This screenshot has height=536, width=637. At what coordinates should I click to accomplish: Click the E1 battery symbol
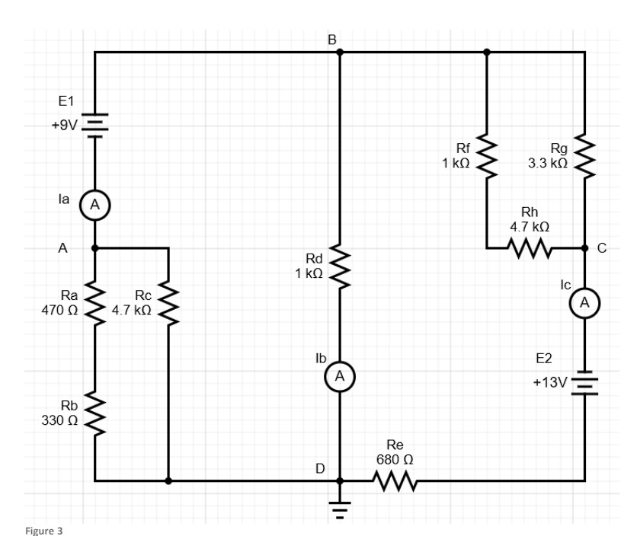tap(94, 124)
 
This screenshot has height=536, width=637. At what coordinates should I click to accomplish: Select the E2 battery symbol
tap(585, 383)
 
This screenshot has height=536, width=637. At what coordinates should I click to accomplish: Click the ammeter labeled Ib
tap(340, 375)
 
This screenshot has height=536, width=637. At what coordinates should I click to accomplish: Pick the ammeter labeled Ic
tap(585, 303)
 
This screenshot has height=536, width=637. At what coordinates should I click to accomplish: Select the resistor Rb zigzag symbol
tap(94, 412)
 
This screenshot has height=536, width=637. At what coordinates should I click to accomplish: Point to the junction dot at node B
tap(340, 53)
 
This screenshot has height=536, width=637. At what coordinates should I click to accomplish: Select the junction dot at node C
tap(585, 248)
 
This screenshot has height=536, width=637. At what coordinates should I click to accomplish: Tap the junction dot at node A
tap(94, 248)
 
